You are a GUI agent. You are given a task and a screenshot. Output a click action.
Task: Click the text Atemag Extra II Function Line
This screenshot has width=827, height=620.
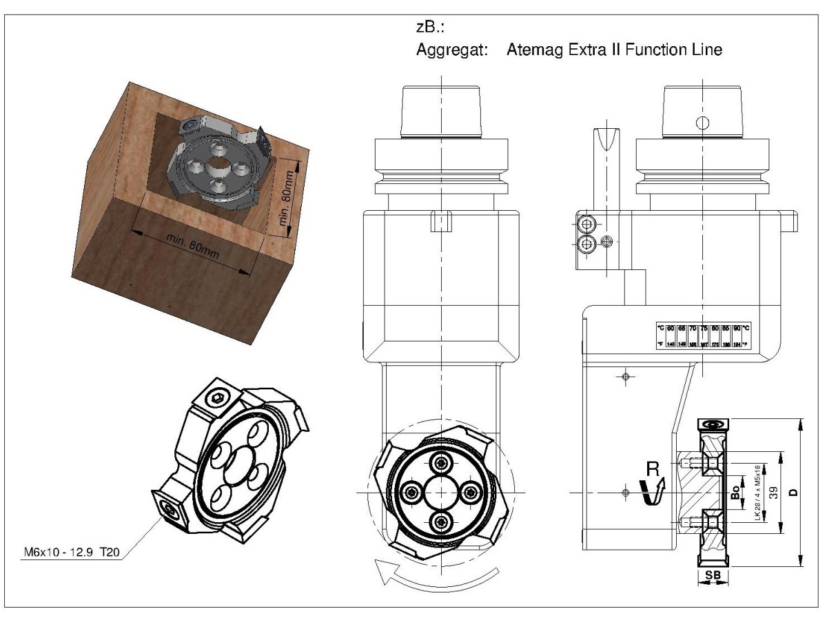click(613, 50)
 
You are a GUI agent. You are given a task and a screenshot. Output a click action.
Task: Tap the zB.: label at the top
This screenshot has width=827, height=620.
click(428, 28)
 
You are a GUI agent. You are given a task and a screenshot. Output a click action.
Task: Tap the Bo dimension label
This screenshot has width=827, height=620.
click(735, 492)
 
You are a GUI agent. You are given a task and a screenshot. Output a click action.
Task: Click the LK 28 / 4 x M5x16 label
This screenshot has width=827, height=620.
click(757, 492)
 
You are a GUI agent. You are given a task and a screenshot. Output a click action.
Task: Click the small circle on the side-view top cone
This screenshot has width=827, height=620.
click(702, 123)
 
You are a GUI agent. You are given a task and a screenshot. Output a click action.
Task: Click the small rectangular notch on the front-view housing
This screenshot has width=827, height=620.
click(440, 222)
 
